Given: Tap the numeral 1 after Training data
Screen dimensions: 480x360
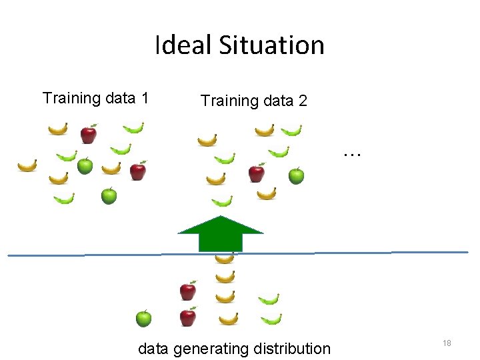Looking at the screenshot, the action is pyautogui.click(x=144, y=99).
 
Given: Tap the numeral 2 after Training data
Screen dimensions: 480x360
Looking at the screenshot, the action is pyautogui.click(x=303, y=101).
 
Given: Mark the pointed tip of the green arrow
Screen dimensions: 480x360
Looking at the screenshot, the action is pyautogui.click(x=220, y=217).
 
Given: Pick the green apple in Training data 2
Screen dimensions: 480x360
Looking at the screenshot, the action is pyautogui.click(x=296, y=176).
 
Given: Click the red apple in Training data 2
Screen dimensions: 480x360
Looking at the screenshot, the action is pyautogui.click(x=256, y=173).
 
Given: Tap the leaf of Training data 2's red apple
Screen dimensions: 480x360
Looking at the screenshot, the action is pyautogui.click(x=261, y=164).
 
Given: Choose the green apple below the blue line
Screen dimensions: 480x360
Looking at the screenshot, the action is pyautogui.click(x=143, y=319).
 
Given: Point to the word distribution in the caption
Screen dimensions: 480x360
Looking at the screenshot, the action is pyautogui.click(x=299, y=349).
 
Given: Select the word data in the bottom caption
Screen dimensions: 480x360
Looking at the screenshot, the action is pyautogui.click(x=153, y=349).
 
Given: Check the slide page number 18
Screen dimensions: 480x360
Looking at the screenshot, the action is pyautogui.click(x=447, y=343).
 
